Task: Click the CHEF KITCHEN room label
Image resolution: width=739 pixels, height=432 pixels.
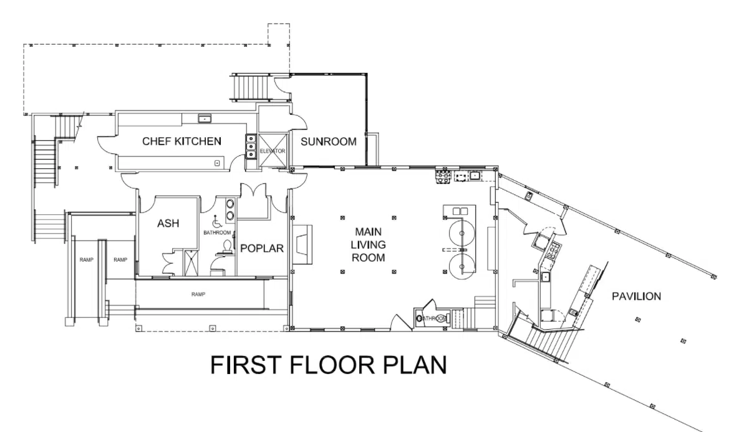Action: (182, 142)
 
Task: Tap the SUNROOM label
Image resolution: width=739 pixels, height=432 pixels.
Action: (329, 142)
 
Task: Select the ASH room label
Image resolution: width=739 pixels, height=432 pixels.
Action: (168, 223)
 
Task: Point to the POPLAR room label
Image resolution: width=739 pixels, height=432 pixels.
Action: (262, 248)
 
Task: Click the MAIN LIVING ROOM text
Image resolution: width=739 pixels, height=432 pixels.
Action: (369, 244)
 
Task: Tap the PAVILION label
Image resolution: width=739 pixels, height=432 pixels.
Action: (636, 296)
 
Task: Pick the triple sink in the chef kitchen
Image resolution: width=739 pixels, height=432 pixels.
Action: (251, 146)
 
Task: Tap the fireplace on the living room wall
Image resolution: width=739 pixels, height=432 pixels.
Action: (302, 244)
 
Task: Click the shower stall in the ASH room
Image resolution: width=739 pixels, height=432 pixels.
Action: (190, 262)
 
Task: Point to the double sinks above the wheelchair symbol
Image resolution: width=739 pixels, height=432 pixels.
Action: (231, 209)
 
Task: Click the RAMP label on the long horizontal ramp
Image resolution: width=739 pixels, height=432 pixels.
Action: (198, 294)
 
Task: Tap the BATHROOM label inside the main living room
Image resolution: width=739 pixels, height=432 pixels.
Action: (433, 319)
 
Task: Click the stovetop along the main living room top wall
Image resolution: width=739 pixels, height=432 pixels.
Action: (443, 176)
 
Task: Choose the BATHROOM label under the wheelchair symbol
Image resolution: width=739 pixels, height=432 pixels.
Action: (217, 233)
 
